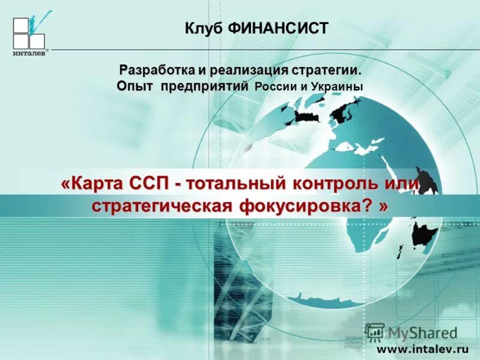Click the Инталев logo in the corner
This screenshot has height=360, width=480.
[x=29, y=35]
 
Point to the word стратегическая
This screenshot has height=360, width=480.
[x=161, y=206]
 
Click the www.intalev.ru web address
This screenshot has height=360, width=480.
[x=422, y=349]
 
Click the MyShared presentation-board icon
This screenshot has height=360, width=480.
[x=374, y=332]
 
